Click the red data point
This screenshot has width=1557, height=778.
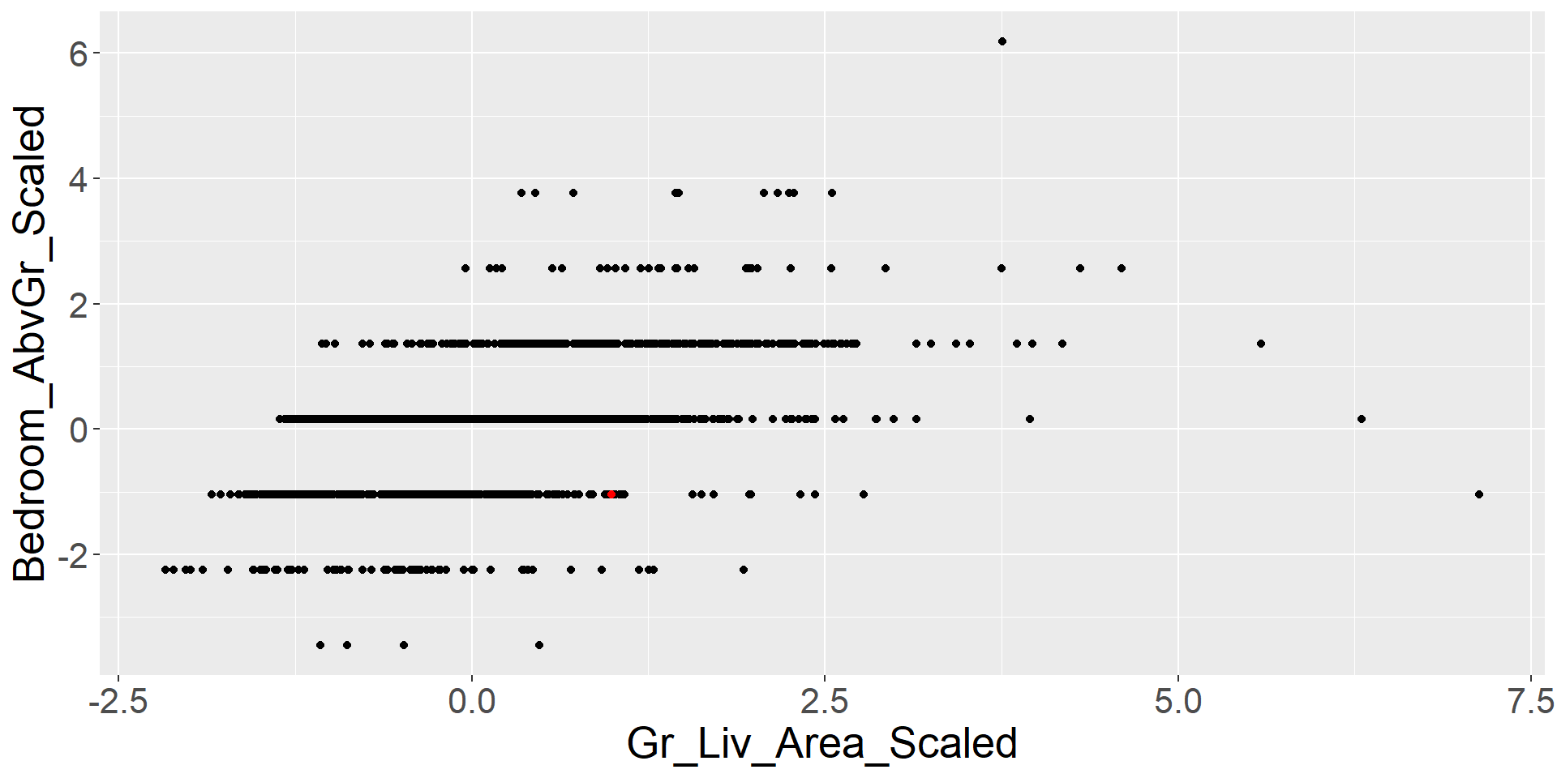coord(611,494)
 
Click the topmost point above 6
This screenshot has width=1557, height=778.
coord(1002,41)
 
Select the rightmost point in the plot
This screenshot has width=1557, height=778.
coord(1479,494)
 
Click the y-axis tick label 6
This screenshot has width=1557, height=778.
coord(78,53)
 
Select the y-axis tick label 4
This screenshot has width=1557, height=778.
coord(78,179)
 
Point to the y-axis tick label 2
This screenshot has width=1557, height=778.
coord(78,305)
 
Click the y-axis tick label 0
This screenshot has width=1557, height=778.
coord(78,430)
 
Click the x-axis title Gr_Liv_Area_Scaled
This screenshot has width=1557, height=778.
coord(821,744)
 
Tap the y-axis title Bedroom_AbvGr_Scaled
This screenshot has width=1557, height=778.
coord(31,344)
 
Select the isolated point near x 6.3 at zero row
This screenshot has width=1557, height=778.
coord(1362,419)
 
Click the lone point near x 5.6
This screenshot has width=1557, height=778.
coord(1261,344)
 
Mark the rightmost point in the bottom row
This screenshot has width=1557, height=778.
coord(539,645)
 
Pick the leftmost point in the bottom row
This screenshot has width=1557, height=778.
coord(320,645)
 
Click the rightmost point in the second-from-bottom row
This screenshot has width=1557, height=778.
coord(744,570)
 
